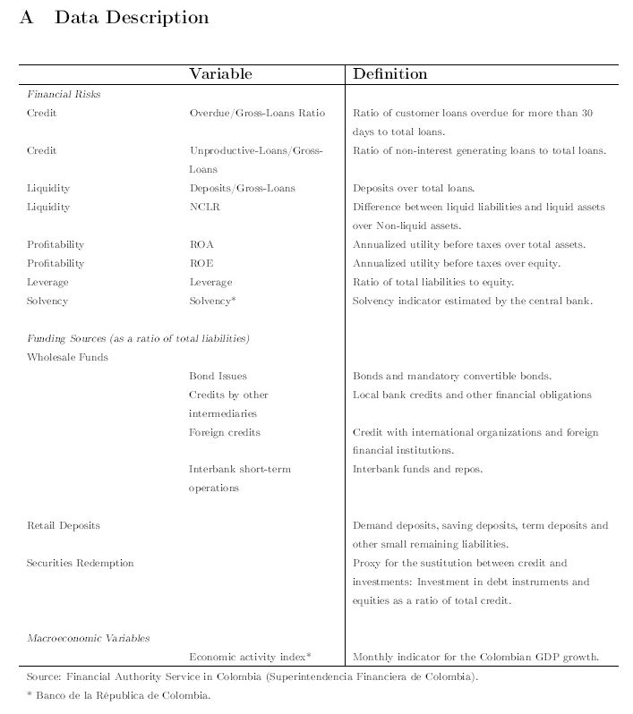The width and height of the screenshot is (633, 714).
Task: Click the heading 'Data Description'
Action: [132, 18]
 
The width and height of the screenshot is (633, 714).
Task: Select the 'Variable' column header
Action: [220, 74]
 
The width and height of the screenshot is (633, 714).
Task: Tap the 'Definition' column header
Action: [390, 74]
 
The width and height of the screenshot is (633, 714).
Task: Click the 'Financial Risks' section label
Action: [64, 94]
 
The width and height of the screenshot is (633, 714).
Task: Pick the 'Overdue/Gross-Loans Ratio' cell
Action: [257, 114]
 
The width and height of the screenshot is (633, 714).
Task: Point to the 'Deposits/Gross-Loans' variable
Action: [242, 189]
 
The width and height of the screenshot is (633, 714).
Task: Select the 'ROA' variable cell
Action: [201, 245]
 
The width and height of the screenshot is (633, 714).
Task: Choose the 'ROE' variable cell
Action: [201, 264]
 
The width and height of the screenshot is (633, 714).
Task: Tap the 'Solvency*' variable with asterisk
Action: [212, 302]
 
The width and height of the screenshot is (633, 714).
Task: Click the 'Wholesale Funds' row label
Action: [67, 358]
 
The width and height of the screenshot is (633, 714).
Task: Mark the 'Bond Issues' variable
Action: [218, 377]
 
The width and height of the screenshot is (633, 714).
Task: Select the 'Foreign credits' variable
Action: [225, 433]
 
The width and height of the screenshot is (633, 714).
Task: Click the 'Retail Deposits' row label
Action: [64, 526]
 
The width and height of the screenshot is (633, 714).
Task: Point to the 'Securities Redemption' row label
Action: [81, 564]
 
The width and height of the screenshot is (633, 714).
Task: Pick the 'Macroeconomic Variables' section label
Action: [88, 639]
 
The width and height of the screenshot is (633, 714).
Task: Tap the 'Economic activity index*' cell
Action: [250, 657]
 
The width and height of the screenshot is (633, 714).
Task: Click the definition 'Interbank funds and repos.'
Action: [418, 470]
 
